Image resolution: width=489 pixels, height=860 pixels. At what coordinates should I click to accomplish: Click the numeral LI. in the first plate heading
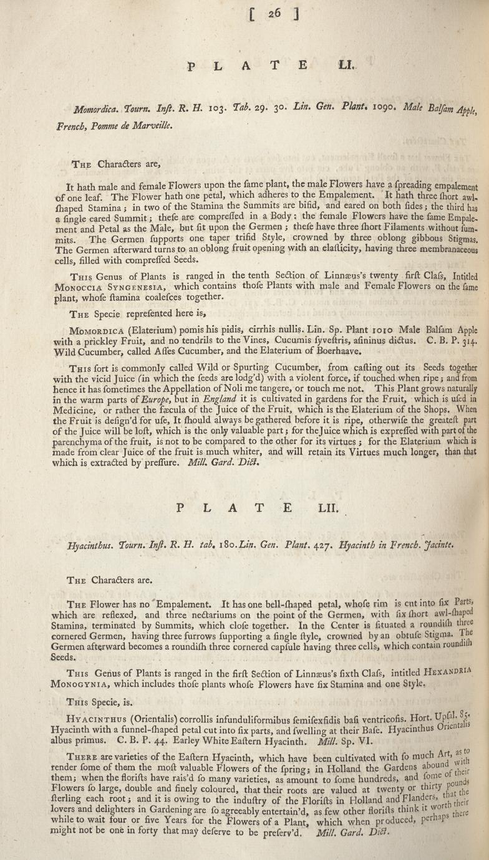pos(346,64)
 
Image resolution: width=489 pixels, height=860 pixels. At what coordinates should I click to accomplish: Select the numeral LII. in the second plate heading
pos(329,508)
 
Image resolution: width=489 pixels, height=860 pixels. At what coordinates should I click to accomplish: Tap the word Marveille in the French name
pos(148,125)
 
